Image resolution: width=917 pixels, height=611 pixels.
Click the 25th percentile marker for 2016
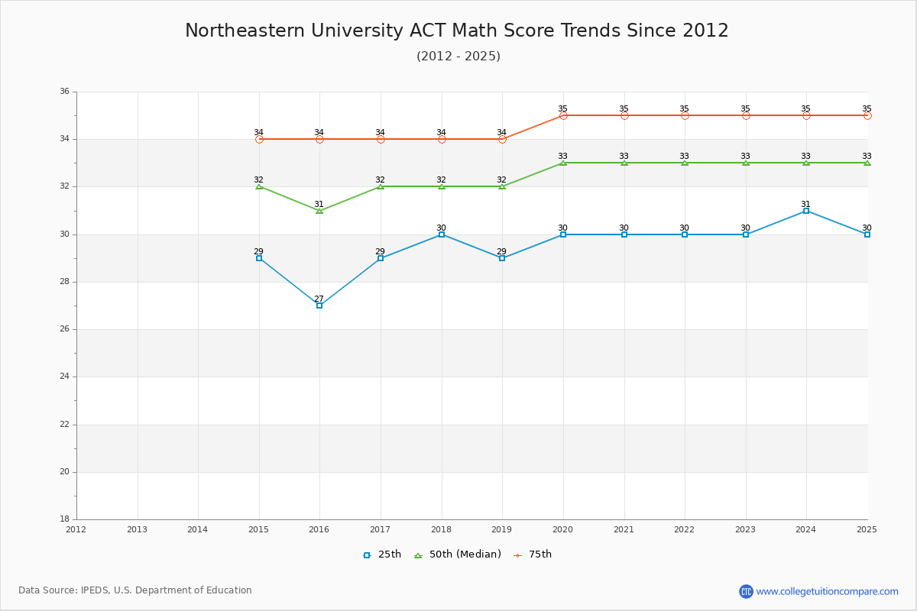pyautogui.click(x=319, y=305)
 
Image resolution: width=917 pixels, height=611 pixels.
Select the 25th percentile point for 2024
pyautogui.click(x=806, y=211)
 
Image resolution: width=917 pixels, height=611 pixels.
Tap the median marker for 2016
pyautogui.click(x=319, y=210)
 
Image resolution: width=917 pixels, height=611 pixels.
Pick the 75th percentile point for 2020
pyautogui.click(x=563, y=115)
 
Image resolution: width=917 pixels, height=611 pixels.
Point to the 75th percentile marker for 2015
pyautogui.click(x=259, y=139)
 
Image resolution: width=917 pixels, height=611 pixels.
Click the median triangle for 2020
pyautogui.click(x=563, y=163)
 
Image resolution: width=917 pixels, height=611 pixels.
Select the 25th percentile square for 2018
pyautogui.click(x=442, y=234)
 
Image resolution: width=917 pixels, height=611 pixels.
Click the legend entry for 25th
pyautogui.click(x=382, y=554)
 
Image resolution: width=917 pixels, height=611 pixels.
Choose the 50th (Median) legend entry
pyautogui.click(x=458, y=554)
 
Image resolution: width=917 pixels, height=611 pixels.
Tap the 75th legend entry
pyautogui.click(x=533, y=554)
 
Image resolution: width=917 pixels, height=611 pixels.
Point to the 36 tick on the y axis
pyautogui.click(x=64, y=92)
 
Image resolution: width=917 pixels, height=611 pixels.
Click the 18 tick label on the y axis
pyautogui.click(x=64, y=519)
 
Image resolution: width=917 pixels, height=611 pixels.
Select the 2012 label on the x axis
pyautogui.click(x=76, y=529)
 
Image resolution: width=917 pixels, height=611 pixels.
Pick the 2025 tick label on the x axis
pyautogui.click(x=867, y=529)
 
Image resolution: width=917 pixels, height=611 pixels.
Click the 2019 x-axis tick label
pyautogui.click(x=502, y=529)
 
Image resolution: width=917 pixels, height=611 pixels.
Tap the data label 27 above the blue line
pyautogui.click(x=319, y=299)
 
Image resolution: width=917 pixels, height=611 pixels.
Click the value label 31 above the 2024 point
pyautogui.click(x=806, y=204)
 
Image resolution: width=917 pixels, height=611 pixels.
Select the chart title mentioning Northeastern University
pyautogui.click(x=457, y=31)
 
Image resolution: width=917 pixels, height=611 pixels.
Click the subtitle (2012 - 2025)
pyautogui.click(x=458, y=56)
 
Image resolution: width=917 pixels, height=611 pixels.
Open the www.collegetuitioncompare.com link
pyautogui.click(x=827, y=591)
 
